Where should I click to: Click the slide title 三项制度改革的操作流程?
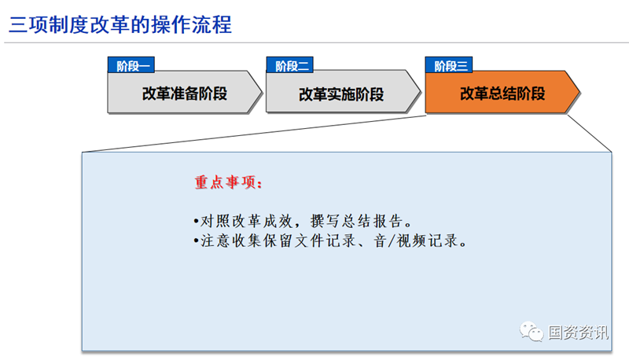[x=120, y=24]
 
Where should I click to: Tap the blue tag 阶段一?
[x=131, y=65]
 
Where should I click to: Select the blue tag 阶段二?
[x=289, y=65]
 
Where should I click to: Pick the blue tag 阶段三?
[x=448, y=65]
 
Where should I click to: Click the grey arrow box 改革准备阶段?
[x=185, y=92]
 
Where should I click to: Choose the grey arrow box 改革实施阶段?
[x=343, y=92]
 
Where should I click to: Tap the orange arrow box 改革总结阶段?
[x=502, y=92]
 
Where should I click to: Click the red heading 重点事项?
[x=228, y=182]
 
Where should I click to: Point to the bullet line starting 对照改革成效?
[x=303, y=221]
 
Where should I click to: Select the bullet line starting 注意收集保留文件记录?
[x=329, y=241]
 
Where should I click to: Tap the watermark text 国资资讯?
[x=578, y=332]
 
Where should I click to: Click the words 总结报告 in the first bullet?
[x=373, y=221]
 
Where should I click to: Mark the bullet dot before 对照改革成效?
[x=196, y=222]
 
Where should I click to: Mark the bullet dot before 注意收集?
[x=196, y=241]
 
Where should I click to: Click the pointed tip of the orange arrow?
[x=579, y=92]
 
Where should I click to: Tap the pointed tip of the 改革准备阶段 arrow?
[x=262, y=92]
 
